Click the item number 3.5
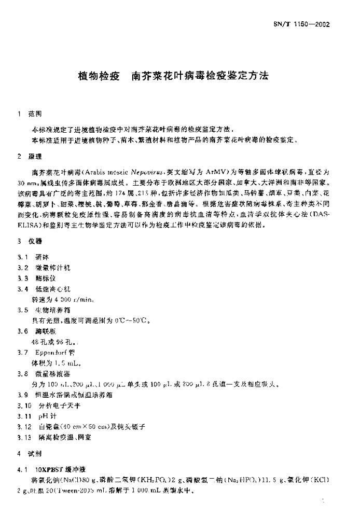[x=23, y=310]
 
